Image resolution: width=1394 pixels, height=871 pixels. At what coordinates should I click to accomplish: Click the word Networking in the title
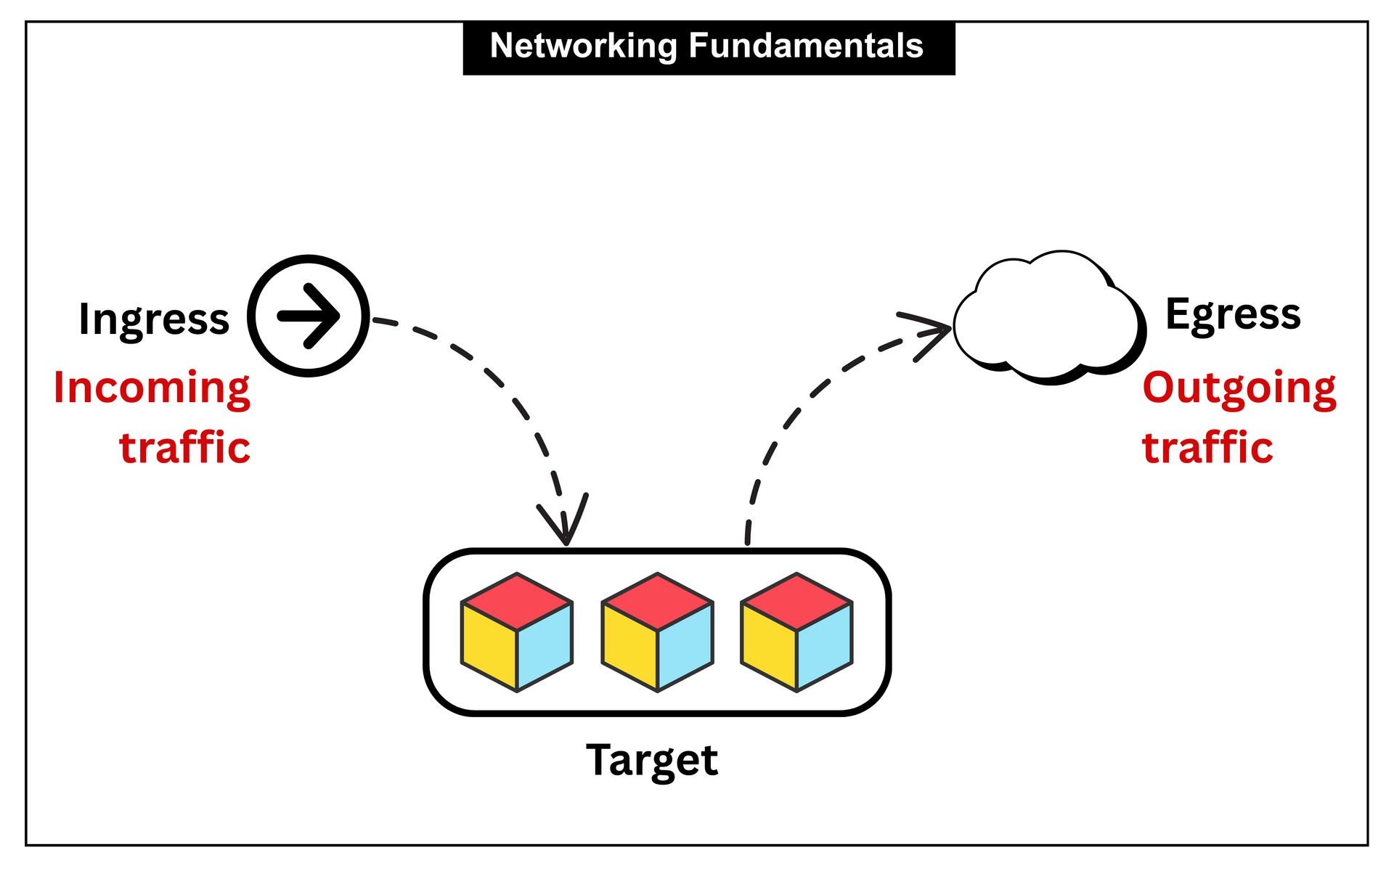click(x=584, y=46)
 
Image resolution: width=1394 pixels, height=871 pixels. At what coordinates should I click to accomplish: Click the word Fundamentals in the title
click(x=805, y=46)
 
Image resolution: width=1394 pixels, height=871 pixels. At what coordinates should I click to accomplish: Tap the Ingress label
click(x=154, y=319)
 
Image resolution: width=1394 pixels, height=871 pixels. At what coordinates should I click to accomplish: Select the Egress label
click(x=1233, y=314)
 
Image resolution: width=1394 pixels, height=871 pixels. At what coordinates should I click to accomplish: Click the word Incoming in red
click(x=152, y=388)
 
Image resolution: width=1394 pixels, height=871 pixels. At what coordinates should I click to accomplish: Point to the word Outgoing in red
click(x=1239, y=388)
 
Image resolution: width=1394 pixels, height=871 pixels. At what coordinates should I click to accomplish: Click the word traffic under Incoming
click(x=184, y=447)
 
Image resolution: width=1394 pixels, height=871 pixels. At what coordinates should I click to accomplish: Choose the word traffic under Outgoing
click(x=1207, y=447)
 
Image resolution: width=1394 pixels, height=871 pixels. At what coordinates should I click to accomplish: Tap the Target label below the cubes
click(x=651, y=760)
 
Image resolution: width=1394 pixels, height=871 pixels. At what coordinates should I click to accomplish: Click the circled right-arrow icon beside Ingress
click(x=309, y=316)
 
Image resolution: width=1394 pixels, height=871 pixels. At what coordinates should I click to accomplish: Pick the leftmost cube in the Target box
click(x=517, y=632)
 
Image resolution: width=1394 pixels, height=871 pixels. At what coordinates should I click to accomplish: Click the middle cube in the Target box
click(x=658, y=632)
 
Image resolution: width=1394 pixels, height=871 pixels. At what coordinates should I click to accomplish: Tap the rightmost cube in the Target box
click(x=796, y=632)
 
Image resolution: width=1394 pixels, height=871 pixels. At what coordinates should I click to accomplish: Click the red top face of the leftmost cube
click(x=517, y=602)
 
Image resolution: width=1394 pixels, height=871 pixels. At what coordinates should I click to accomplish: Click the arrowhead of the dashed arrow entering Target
click(x=566, y=526)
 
